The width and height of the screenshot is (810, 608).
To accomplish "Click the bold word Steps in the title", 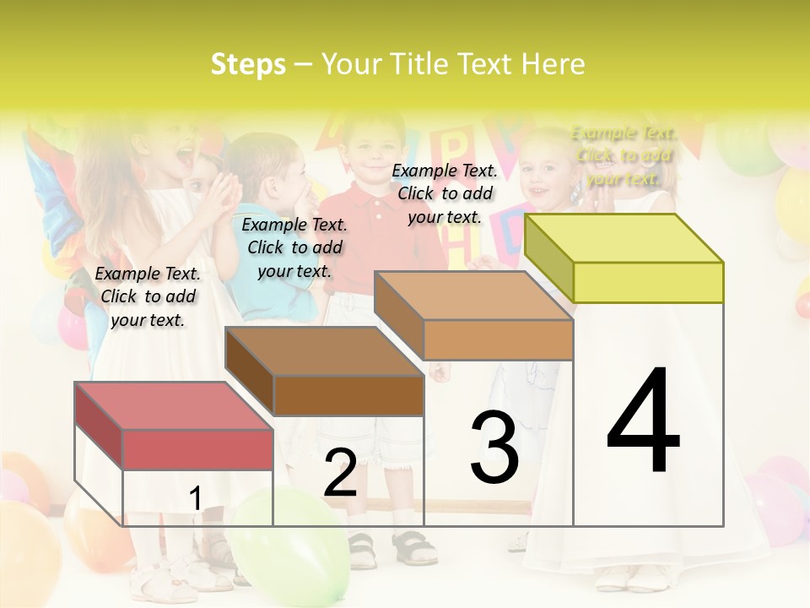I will pos(248,64).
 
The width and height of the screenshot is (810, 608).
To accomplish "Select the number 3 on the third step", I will pos(494,448).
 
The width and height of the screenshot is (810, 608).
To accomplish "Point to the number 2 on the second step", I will pos(340,473).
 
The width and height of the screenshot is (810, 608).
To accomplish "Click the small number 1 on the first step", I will pos(195,498).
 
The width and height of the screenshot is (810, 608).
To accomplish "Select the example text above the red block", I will pos(148,296).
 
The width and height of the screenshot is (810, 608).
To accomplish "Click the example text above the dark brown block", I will pos(294,247).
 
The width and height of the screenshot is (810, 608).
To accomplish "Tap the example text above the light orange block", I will pos(445,193).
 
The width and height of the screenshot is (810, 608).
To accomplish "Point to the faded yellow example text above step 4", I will pos(624,155).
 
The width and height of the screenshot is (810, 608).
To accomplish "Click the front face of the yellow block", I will pos(648,282).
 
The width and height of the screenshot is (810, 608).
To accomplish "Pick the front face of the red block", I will pos(197,449).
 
